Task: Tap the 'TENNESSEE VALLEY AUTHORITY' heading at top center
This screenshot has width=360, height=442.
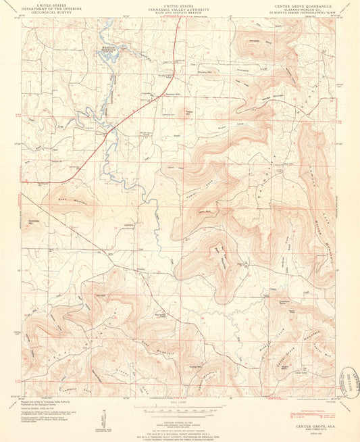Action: [x=179, y=7]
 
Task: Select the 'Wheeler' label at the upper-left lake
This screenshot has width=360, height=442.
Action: [x=108, y=47]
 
